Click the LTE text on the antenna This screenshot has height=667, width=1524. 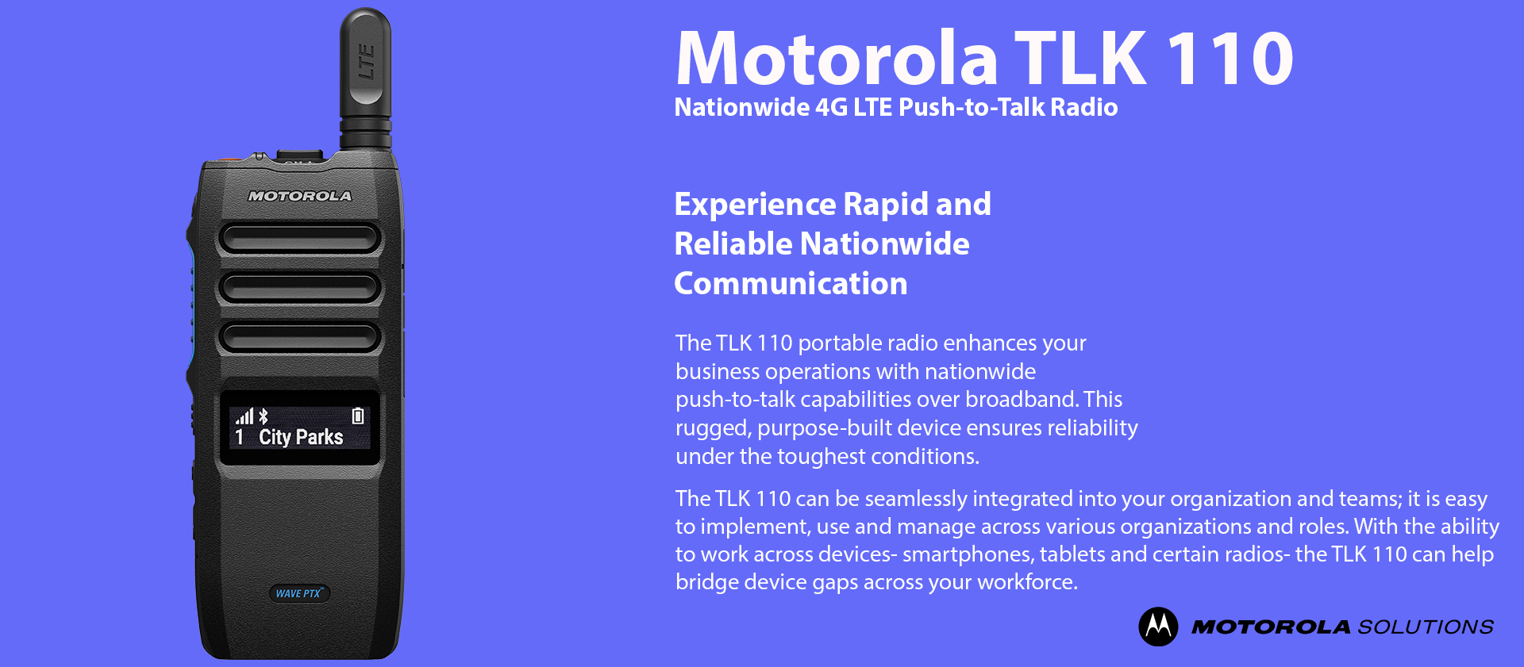point(366,62)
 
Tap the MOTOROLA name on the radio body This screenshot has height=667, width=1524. point(300,196)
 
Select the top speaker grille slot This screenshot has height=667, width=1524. point(300,238)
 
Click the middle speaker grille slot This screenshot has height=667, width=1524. point(300,287)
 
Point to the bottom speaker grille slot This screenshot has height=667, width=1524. point(300,336)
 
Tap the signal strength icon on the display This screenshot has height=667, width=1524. point(244,416)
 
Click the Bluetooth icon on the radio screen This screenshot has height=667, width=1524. point(264,416)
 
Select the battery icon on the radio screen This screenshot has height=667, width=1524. point(358,416)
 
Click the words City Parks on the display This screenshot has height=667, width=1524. point(301,437)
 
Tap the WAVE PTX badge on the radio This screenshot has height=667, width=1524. point(298,593)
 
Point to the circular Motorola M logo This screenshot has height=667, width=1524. point(1158,627)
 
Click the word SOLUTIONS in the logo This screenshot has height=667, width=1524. point(1426,627)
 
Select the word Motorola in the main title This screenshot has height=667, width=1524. point(837,58)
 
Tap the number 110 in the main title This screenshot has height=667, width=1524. point(1230,58)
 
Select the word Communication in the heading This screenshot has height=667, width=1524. point(791,283)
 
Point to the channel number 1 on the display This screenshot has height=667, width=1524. point(240,437)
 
